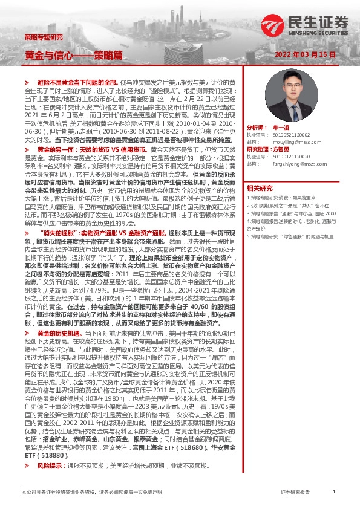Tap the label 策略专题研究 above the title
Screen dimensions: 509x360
(43, 37)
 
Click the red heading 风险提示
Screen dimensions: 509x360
(51, 467)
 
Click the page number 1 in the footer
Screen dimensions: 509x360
(333, 493)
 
